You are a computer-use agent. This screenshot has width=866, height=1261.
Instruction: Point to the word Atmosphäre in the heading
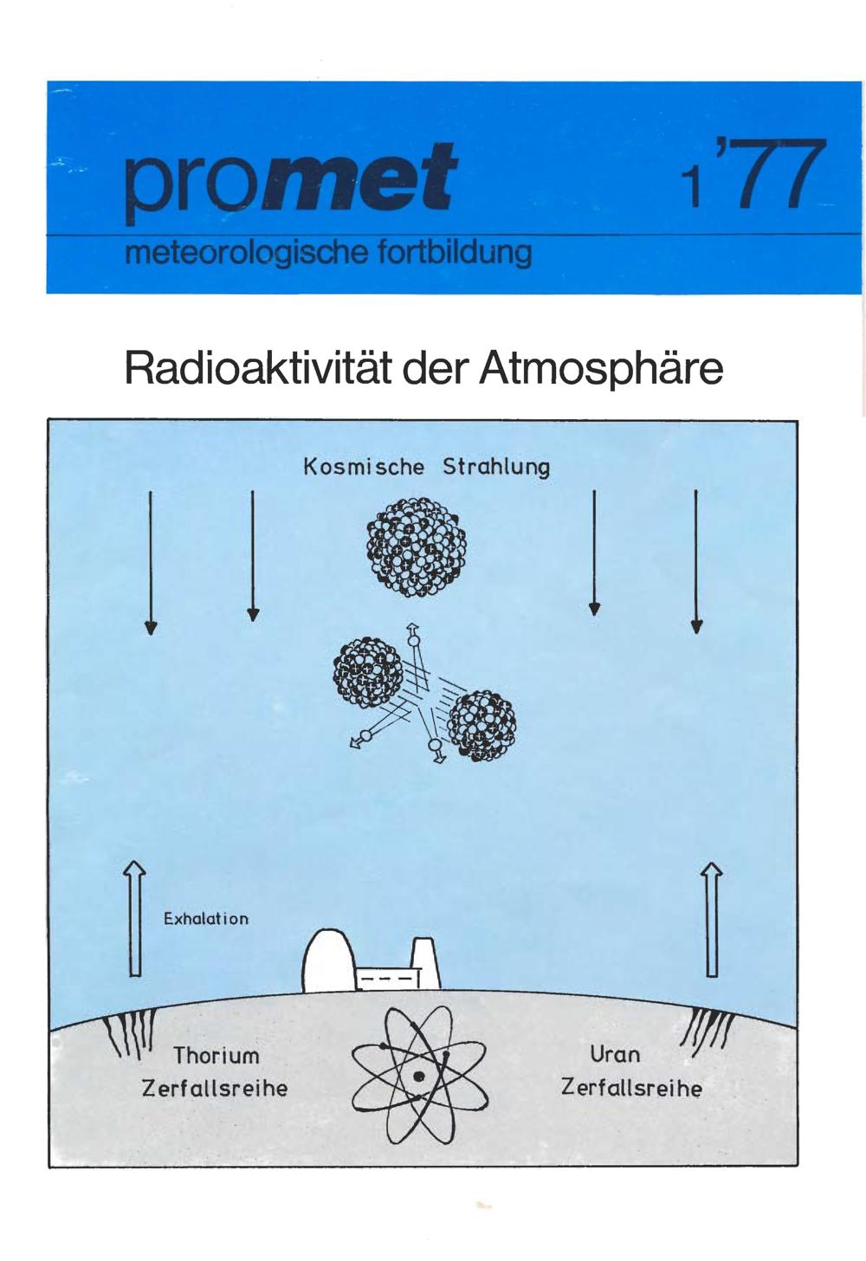599,368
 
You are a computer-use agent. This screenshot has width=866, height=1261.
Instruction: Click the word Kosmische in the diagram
364,467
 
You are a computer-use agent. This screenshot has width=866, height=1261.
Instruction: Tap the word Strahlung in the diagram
495,467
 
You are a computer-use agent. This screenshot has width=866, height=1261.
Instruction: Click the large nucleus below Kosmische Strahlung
417,546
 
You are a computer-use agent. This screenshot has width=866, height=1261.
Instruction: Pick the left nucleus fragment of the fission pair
368,673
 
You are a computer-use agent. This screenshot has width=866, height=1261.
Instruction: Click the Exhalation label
206,919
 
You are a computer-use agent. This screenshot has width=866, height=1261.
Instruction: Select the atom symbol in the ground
419,1074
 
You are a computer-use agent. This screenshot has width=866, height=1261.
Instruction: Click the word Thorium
216,1056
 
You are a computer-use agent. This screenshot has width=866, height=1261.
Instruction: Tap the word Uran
615,1054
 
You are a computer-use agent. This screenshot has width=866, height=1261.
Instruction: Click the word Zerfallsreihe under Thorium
215,1088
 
